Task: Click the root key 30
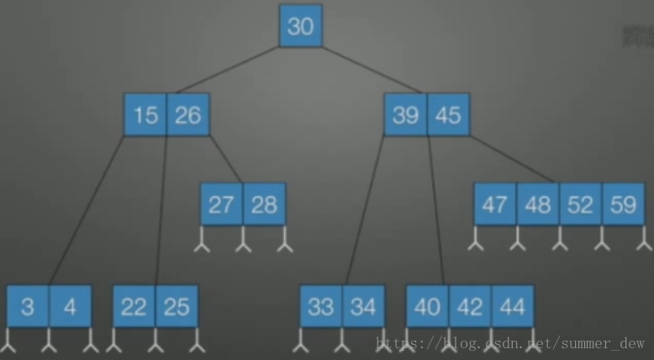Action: pos(300,26)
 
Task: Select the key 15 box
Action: pos(145,114)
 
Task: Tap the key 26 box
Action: pos(187,114)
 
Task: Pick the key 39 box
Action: pos(406,114)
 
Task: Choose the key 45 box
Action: pos(448,114)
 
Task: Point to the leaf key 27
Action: pos(221,204)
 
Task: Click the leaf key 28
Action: pos(264,204)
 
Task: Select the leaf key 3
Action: pos(28,307)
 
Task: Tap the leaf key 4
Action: pos(70,307)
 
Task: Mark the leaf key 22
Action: pos(134,307)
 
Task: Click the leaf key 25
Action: pos(177,307)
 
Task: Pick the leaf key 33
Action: pos(321,307)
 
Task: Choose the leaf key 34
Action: pos(363,307)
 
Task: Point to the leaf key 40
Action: pos(427,307)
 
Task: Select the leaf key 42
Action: pos(470,307)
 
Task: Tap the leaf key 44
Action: pos(512,307)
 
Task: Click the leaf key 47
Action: pos(495,204)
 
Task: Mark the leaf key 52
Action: pos(580,204)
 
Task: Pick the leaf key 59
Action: pos(623,204)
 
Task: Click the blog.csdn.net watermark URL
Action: pos(510,343)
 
